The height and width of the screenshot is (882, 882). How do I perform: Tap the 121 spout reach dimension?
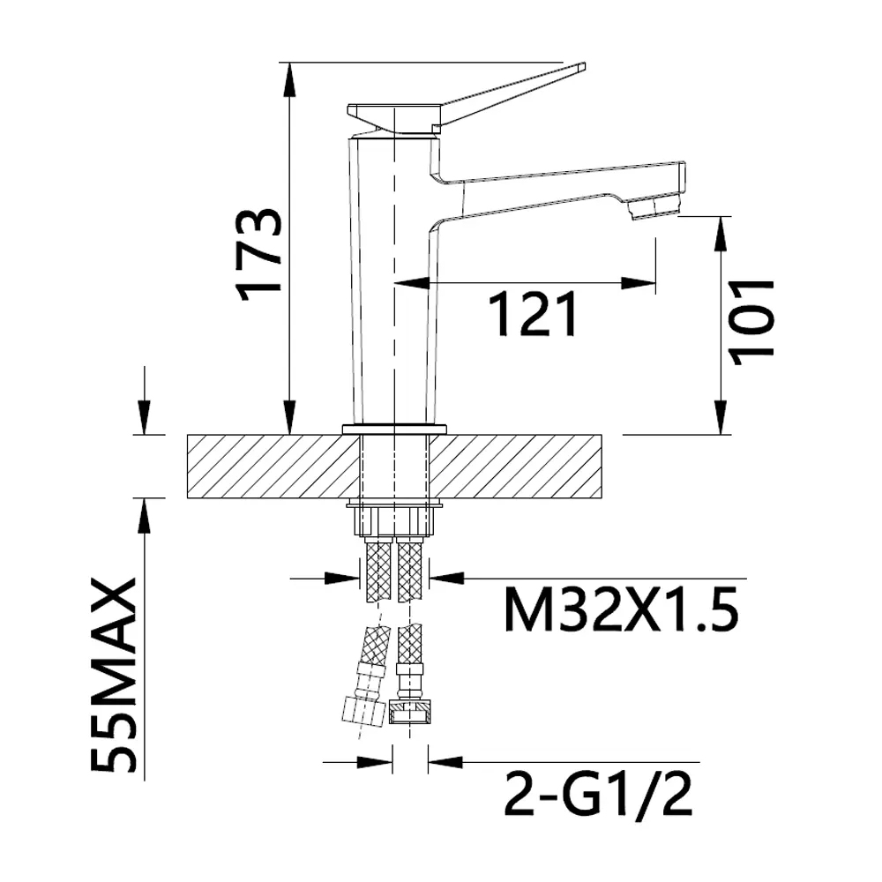click(534, 314)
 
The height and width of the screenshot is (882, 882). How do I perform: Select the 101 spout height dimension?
click(751, 322)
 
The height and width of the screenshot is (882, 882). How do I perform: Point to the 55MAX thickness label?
click(114, 675)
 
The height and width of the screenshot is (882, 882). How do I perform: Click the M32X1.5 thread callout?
click(622, 609)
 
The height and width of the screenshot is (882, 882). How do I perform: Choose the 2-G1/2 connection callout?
click(598, 795)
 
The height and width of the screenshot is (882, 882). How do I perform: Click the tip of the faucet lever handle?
click(583, 66)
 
